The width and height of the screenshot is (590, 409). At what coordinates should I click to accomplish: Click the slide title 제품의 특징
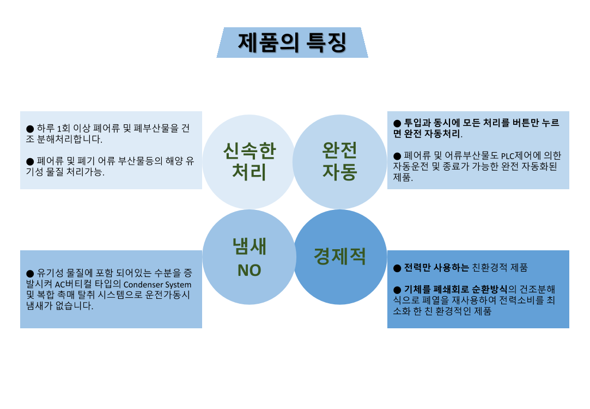coord(292,43)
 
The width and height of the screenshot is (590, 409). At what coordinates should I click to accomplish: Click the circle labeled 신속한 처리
coord(249,161)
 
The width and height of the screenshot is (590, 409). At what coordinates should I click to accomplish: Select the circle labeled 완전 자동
coord(339,161)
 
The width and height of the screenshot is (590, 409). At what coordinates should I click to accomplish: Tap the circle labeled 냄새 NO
coord(249,257)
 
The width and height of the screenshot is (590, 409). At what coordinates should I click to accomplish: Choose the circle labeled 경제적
coord(339,256)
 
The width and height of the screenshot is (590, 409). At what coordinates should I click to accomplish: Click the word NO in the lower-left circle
coord(249,270)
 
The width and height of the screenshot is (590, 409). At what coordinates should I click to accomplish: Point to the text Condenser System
coord(157,285)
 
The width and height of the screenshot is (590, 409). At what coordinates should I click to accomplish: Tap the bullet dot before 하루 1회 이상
coord(30,129)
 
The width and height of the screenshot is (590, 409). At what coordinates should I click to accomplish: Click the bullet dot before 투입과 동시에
coord(397,123)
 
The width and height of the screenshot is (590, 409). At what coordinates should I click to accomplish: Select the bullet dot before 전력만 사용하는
coord(397,268)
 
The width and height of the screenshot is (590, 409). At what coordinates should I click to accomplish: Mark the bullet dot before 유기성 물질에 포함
coord(30,274)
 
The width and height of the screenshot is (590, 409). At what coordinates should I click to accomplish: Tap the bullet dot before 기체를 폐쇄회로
coord(397,289)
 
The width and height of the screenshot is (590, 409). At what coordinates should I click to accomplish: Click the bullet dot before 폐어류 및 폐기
coord(30,161)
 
